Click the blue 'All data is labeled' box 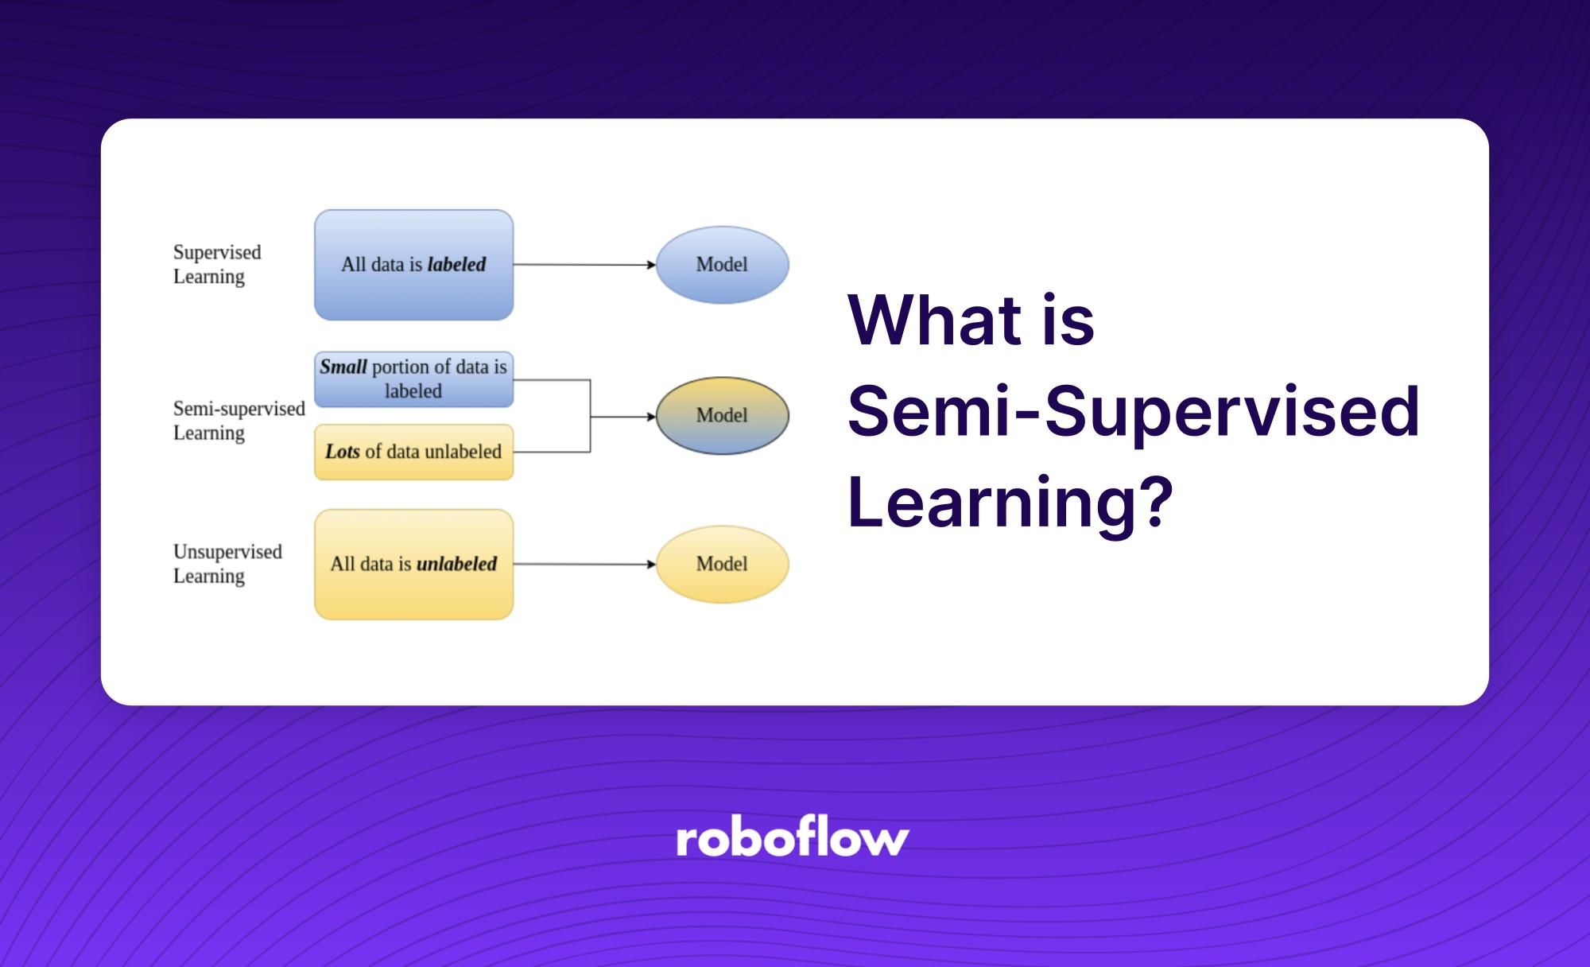[x=413, y=265]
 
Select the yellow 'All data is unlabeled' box [x=413, y=564]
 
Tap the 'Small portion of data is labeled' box [x=413, y=379]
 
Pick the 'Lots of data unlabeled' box [x=413, y=452]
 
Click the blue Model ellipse [x=722, y=265]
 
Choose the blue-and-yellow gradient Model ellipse [x=722, y=415]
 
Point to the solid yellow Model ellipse [x=722, y=564]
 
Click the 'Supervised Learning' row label [x=216, y=264]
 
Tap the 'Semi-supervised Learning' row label [x=238, y=420]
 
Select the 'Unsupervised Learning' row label [x=227, y=563]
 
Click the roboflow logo [x=792, y=838]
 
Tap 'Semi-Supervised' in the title [x=1133, y=411]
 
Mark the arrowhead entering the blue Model [x=651, y=265]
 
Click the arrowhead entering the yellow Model [x=651, y=564]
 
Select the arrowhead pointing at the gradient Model [x=651, y=416]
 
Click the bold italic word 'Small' [x=343, y=367]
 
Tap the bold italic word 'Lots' [x=342, y=452]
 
